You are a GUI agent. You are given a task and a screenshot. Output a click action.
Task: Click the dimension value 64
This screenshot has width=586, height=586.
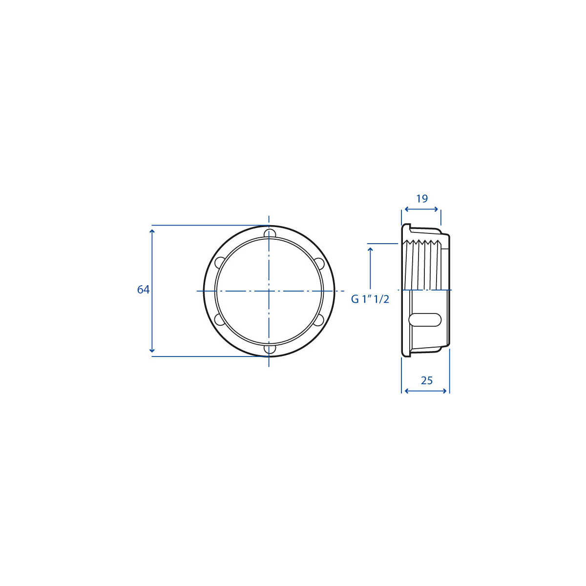[143, 290]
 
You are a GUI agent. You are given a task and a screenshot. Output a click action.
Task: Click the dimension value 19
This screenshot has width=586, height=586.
[422, 199]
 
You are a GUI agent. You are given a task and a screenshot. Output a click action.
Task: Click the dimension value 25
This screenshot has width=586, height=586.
[427, 380]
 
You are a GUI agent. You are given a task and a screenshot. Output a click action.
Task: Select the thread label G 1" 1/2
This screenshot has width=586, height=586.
[370, 299]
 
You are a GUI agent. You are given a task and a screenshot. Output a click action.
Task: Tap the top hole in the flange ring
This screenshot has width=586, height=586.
[270, 233]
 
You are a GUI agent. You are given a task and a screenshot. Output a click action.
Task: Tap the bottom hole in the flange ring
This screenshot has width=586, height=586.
[270, 349]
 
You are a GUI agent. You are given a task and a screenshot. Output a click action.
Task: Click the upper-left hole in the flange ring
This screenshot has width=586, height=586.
[220, 262]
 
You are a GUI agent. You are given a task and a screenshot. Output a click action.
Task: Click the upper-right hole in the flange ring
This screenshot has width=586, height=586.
[319, 263]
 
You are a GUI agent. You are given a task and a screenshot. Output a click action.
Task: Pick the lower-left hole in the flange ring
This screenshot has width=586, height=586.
[220, 320]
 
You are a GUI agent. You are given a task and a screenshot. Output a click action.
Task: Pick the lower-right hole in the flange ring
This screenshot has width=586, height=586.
[319, 320]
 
